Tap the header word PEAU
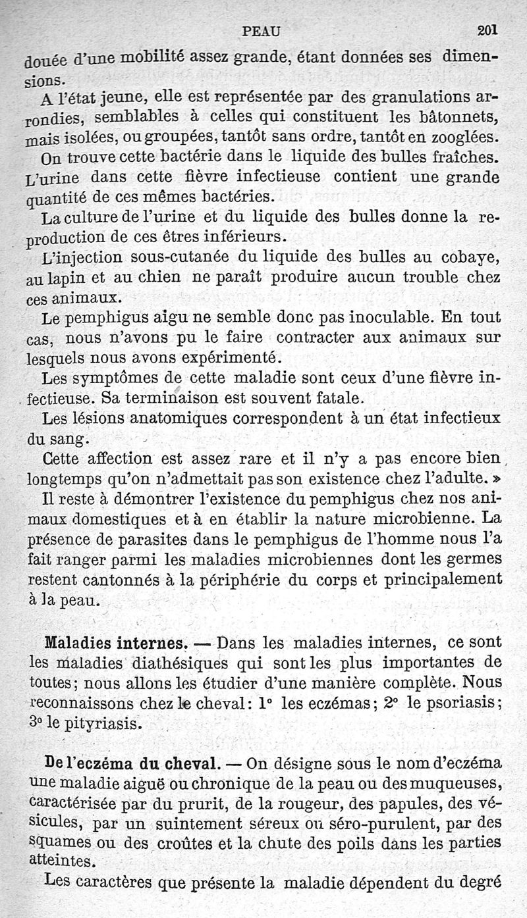[262, 30]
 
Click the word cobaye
[470, 257]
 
